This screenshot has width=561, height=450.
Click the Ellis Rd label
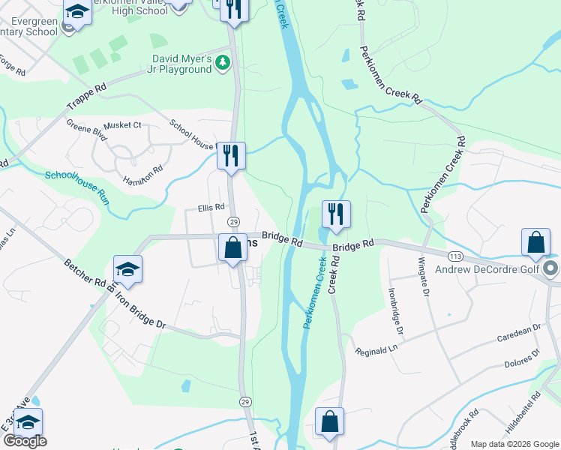pyautogui.click(x=211, y=207)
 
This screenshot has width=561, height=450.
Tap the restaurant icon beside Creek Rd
pyautogui.click(x=336, y=214)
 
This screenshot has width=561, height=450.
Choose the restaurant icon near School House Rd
pyautogui.click(x=231, y=155)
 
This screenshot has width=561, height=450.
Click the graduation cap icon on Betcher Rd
pyautogui.click(x=128, y=268)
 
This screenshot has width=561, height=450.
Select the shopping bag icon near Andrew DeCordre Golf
pyautogui.click(x=536, y=242)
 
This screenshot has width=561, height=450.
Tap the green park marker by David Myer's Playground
pyautogui.click(x=222, y=62)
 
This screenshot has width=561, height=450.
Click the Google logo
pyautogui.click(x=24, y=441)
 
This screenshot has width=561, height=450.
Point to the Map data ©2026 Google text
pyautogui.click(x=514, y=444)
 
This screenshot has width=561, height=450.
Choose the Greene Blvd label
pyautogui.click(x=86, y=132)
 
